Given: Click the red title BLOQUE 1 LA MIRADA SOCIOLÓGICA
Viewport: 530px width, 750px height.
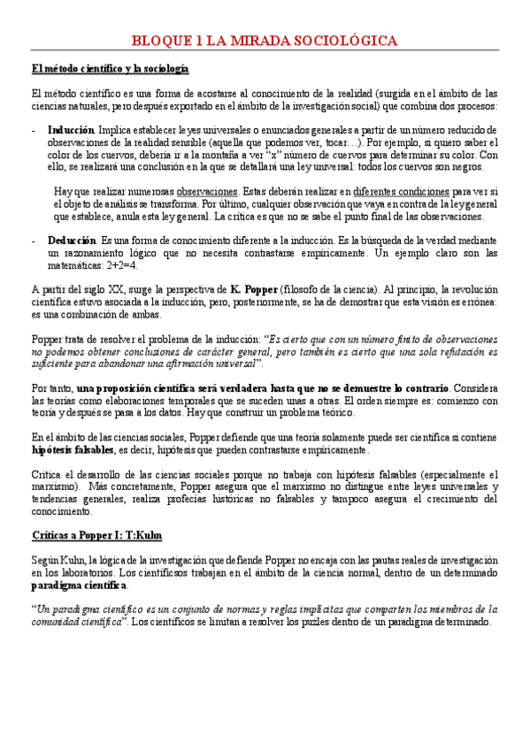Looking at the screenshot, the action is pos(265,41).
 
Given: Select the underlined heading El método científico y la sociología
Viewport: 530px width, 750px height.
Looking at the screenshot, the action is pos(110,69).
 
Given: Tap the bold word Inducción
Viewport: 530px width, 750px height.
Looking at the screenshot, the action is pos(72,128).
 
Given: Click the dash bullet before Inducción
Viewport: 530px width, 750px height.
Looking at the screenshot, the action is pos(33,128).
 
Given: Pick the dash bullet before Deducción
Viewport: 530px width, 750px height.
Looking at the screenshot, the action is pos(33,240).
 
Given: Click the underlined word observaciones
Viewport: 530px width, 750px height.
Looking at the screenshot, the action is pos(208,191).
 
